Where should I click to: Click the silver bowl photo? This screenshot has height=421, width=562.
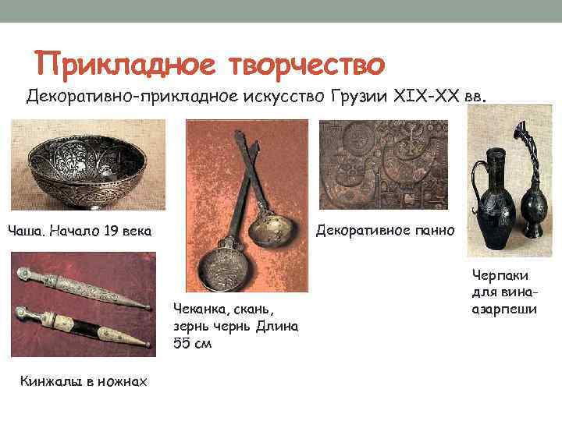coord(87,165)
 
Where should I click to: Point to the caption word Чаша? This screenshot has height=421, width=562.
coord(26,232)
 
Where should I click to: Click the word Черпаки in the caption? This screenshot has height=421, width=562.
coord(499,275)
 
